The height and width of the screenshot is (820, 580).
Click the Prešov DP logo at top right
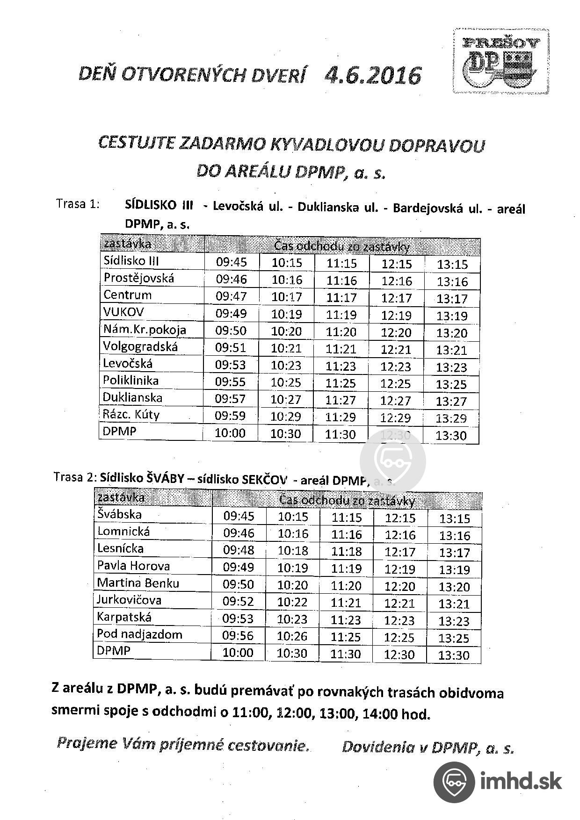tap(500, 61)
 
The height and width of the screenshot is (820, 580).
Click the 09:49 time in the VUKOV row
tap(231, 313)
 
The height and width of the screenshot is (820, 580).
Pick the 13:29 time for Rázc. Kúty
tap(451, 418)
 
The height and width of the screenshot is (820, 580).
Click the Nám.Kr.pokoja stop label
tap(145, 330)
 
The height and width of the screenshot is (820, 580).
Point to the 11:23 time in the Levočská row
tap(341, 366)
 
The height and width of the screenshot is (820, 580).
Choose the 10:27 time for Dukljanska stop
tap(286, 400)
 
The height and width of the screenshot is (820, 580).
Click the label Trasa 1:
tap(78, 204)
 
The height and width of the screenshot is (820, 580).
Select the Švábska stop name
tap(119, 515)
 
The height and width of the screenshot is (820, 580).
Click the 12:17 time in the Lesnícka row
tap(400, 552)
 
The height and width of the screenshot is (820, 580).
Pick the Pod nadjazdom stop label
tap(139, 634)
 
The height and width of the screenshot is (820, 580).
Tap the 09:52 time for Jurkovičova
tap(238, 601)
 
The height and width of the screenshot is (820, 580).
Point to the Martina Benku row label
tap(138, 583)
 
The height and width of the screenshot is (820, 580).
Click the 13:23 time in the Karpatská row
tap(454, 621)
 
